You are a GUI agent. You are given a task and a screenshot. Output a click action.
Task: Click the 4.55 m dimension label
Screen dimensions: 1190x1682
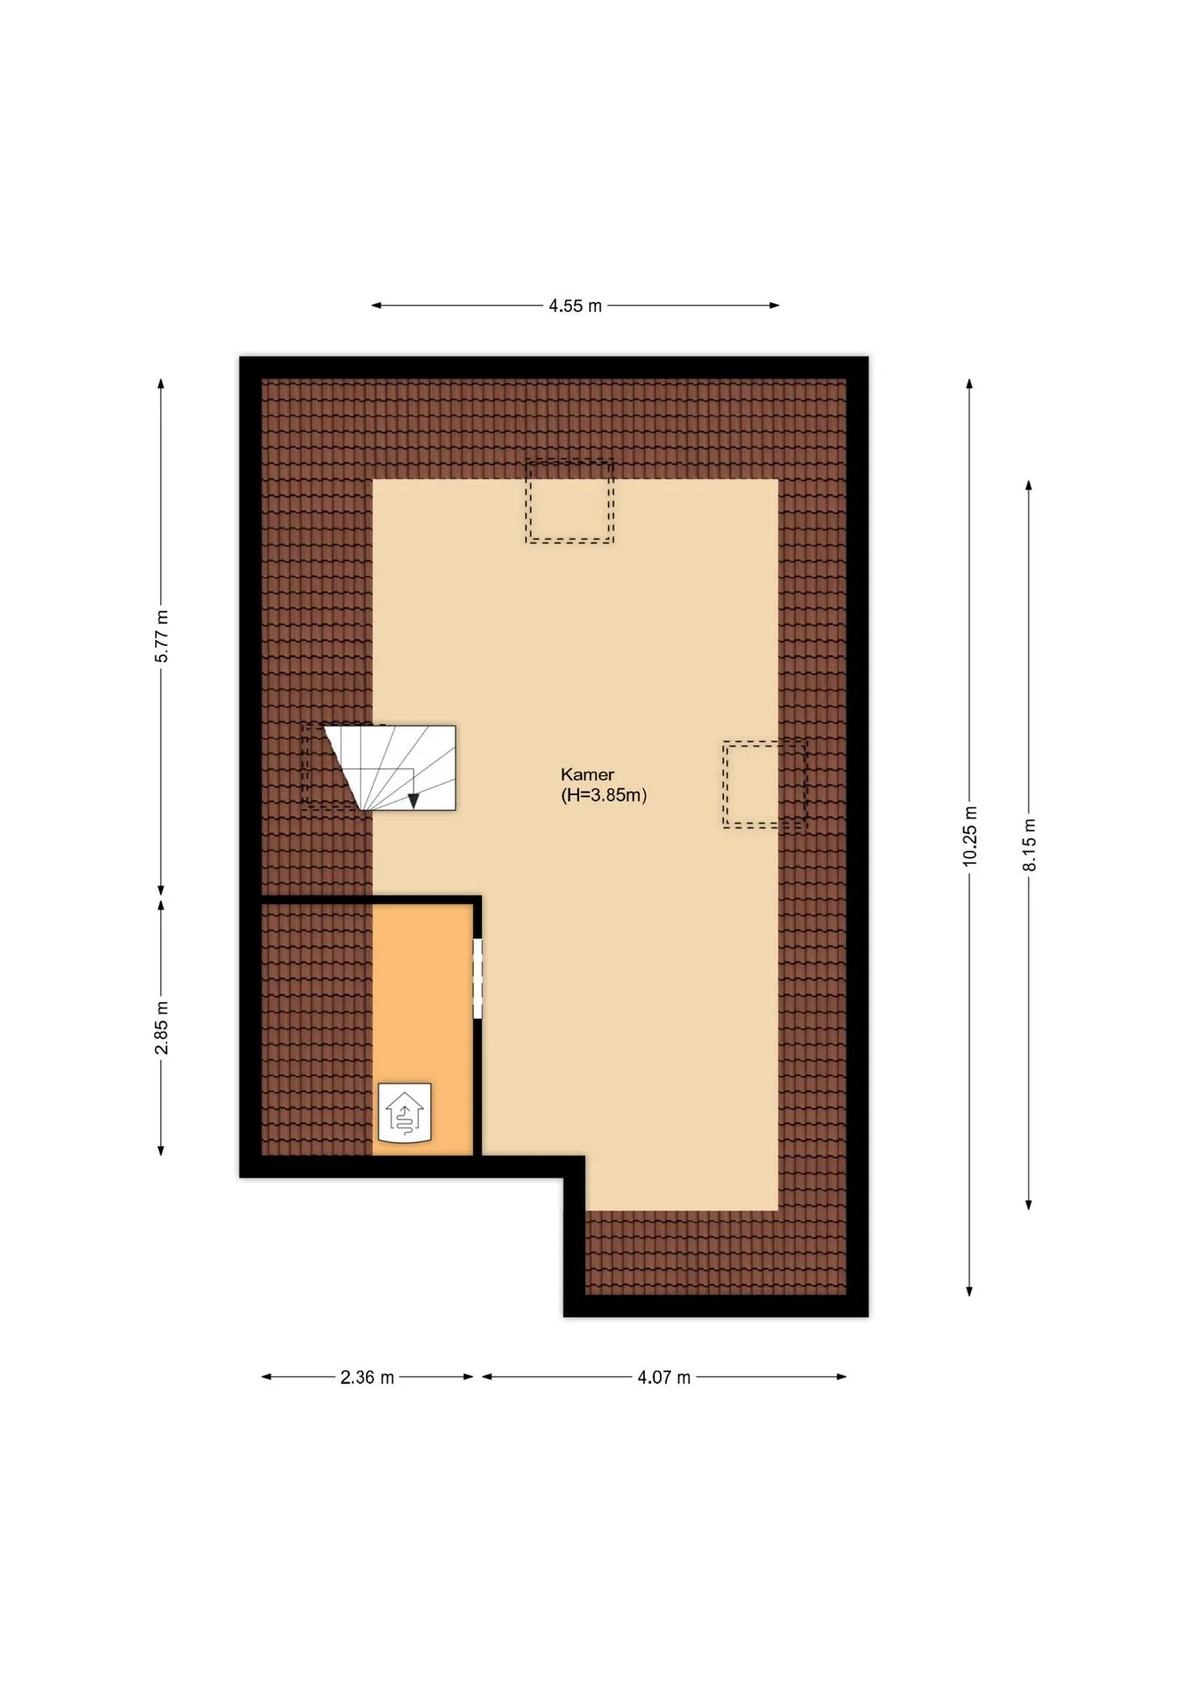576,306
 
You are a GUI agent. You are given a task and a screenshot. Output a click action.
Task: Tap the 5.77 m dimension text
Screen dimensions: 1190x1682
161,636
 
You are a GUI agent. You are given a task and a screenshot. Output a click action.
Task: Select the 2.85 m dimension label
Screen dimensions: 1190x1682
161,1028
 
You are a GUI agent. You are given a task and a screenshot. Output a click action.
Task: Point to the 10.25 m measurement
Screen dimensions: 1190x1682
969,837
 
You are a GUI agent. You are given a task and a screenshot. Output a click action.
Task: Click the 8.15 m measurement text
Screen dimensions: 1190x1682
1029,845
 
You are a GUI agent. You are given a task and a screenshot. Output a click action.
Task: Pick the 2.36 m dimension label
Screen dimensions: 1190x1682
367,1377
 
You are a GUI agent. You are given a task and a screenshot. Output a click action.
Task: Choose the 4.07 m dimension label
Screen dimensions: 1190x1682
663,1377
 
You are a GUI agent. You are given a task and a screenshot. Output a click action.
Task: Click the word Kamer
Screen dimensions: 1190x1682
587,774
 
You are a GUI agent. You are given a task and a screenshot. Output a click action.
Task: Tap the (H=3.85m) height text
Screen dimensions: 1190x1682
604,795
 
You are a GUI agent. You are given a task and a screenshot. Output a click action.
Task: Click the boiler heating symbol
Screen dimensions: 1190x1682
405,1113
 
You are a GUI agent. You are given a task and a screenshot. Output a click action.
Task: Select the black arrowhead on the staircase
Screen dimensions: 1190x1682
414,801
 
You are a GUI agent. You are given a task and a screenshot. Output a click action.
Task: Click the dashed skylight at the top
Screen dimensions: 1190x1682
570,502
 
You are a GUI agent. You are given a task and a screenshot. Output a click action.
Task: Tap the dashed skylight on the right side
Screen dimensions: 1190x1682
765,784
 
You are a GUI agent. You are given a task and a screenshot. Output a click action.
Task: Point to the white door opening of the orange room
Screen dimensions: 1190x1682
478,979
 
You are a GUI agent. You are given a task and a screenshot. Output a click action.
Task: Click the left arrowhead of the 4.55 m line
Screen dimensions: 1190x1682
377,306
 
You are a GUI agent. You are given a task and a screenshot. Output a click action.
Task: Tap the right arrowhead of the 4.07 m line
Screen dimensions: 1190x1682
841,1376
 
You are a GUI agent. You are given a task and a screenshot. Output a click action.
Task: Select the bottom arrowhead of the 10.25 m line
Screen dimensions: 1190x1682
969,1290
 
